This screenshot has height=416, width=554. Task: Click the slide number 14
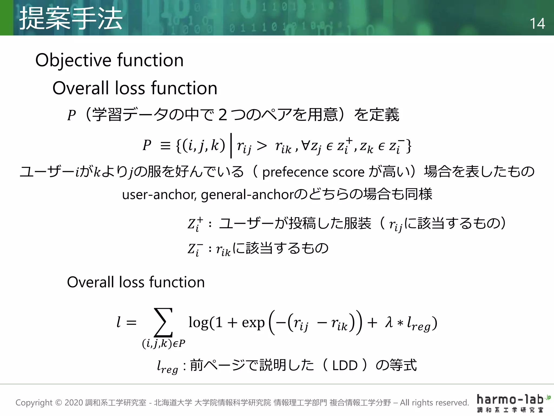(x=537, y=24)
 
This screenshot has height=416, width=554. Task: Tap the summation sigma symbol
(x=163, y=322)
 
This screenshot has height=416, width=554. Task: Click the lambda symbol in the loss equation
(x=389, y=322)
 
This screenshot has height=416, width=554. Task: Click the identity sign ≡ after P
(x=165, y=146)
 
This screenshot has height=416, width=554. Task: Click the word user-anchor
(x=159, y=194)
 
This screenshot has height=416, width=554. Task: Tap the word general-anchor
(x=247, y=194)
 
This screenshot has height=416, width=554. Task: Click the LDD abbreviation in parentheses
(x=345, y=366)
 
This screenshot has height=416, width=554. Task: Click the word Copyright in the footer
(x=34, y=403)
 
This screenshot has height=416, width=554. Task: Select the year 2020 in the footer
(x=74, y=403)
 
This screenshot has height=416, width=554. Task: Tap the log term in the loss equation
(x=198, y=323)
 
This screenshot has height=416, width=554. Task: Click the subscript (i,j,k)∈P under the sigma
(x=164, y=343)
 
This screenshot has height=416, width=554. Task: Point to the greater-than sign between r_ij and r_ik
(x=262, y=146)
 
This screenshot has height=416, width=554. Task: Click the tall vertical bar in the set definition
(x=231, y=145)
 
